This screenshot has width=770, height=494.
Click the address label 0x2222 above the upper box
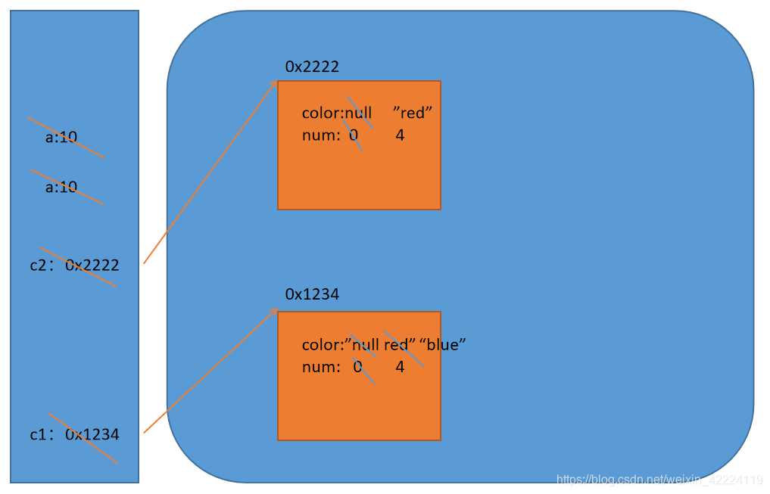(312, 67)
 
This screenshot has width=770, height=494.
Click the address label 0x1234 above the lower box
(312, 294)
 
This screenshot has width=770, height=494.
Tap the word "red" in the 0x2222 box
(413, 113)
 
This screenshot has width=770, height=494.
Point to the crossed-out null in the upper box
(359, 113)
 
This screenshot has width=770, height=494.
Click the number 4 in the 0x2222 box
(400, 135)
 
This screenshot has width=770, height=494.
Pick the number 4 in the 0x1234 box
(400, 367)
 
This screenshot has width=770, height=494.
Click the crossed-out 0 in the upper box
(354, 135)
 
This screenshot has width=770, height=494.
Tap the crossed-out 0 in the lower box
(357, 367)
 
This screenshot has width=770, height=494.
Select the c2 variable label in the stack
(38, 266)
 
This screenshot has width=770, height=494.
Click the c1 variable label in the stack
(38, 435)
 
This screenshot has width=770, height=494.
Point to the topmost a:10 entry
(61, 138)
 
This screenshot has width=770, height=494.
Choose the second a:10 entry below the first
(61, 187)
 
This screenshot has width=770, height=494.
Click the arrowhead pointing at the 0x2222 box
(275, 82)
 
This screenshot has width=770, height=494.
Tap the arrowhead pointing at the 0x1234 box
(274, 310)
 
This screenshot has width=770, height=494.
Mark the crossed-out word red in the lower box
(397, 345)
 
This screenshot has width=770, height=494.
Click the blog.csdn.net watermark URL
(659, 480)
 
